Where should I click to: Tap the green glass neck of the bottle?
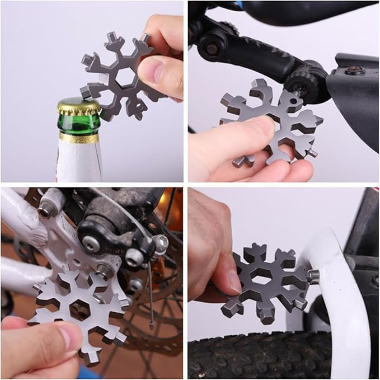click(x=78, y=124)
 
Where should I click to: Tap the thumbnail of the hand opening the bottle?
click(x=150, y=71)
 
